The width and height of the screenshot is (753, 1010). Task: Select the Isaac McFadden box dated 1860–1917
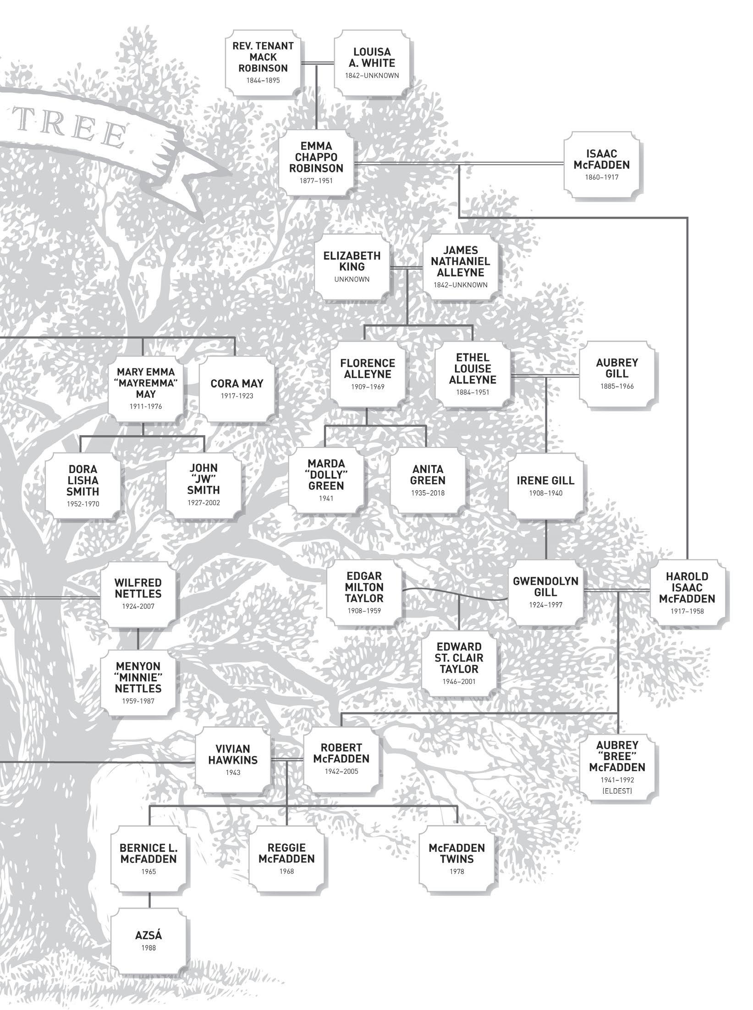coord(601,165)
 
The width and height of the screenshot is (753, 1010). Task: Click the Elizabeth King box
coord(352,266)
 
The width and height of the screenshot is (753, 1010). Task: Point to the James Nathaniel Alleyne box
coord(460,266)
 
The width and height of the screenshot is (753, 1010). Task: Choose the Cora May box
coord(237,388)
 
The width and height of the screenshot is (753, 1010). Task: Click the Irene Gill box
coord(545,485)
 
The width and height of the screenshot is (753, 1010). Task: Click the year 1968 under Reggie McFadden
coord(286,871)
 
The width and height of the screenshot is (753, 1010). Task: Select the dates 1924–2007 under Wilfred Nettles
coord(138,606)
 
